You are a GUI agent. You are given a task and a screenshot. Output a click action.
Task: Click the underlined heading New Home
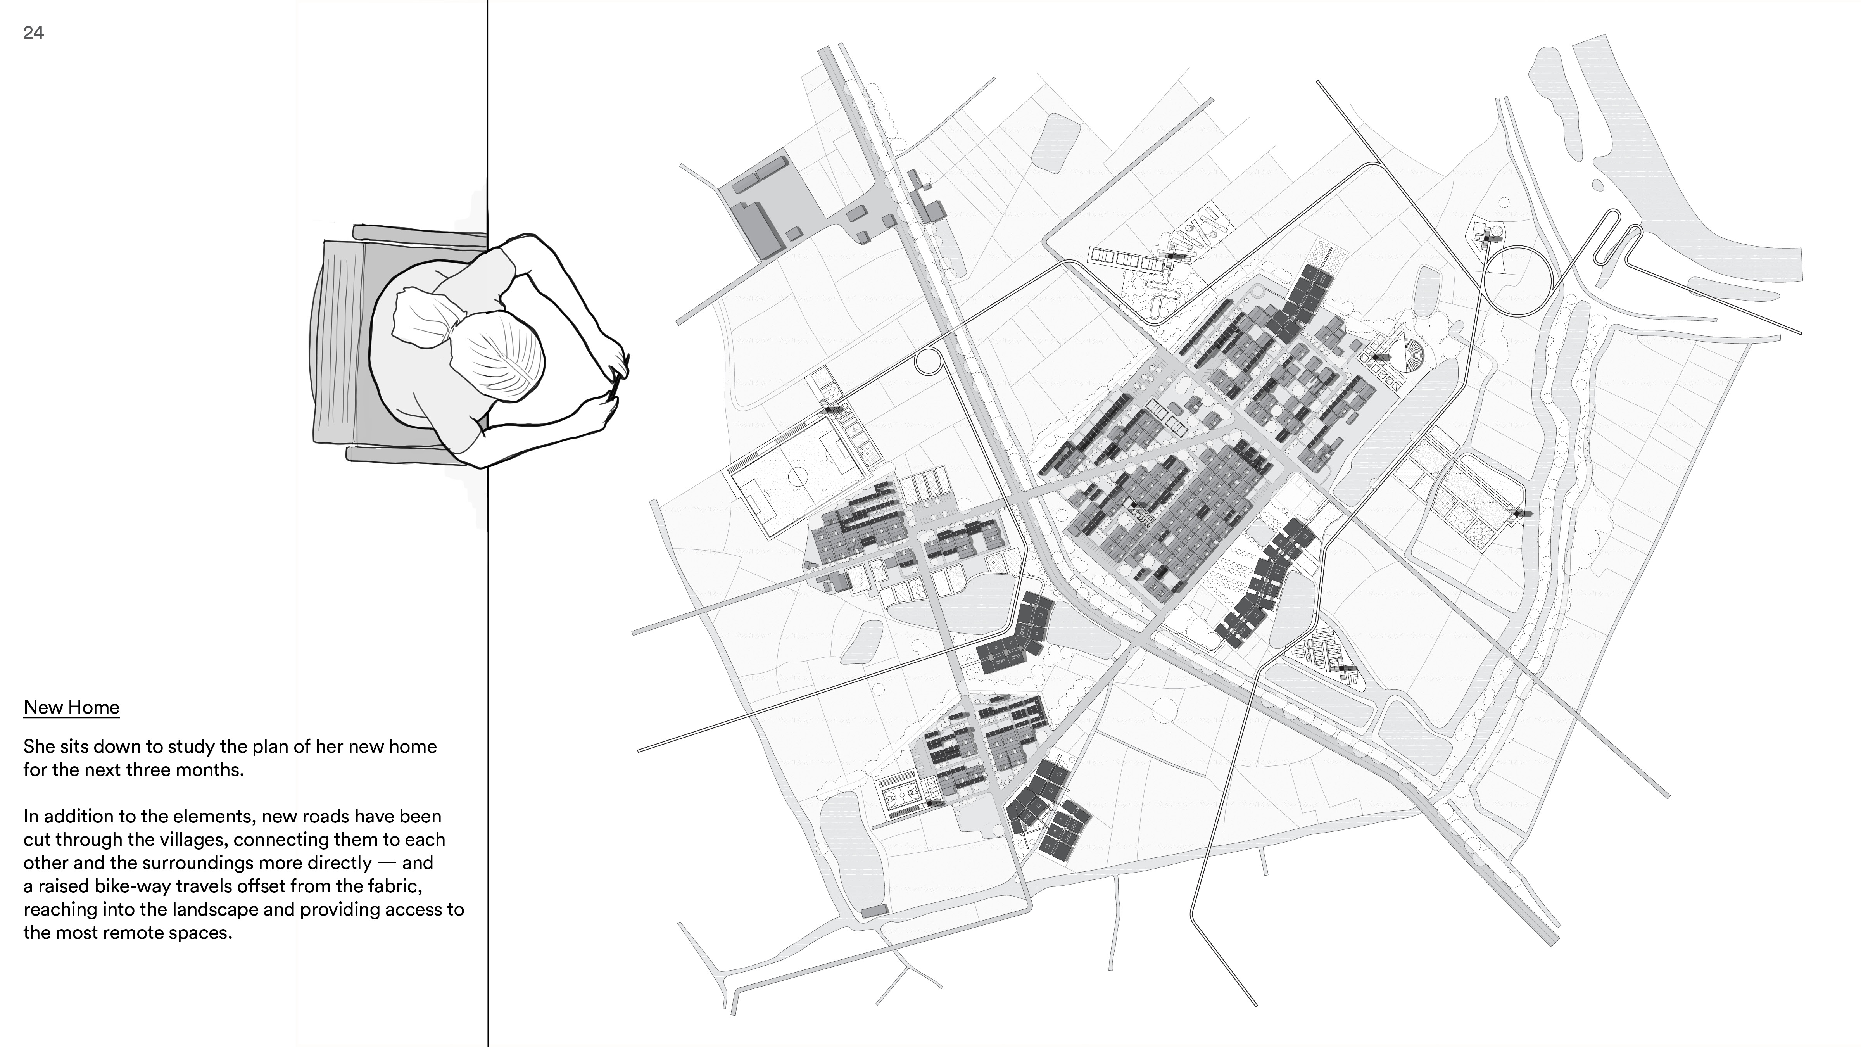71,707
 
